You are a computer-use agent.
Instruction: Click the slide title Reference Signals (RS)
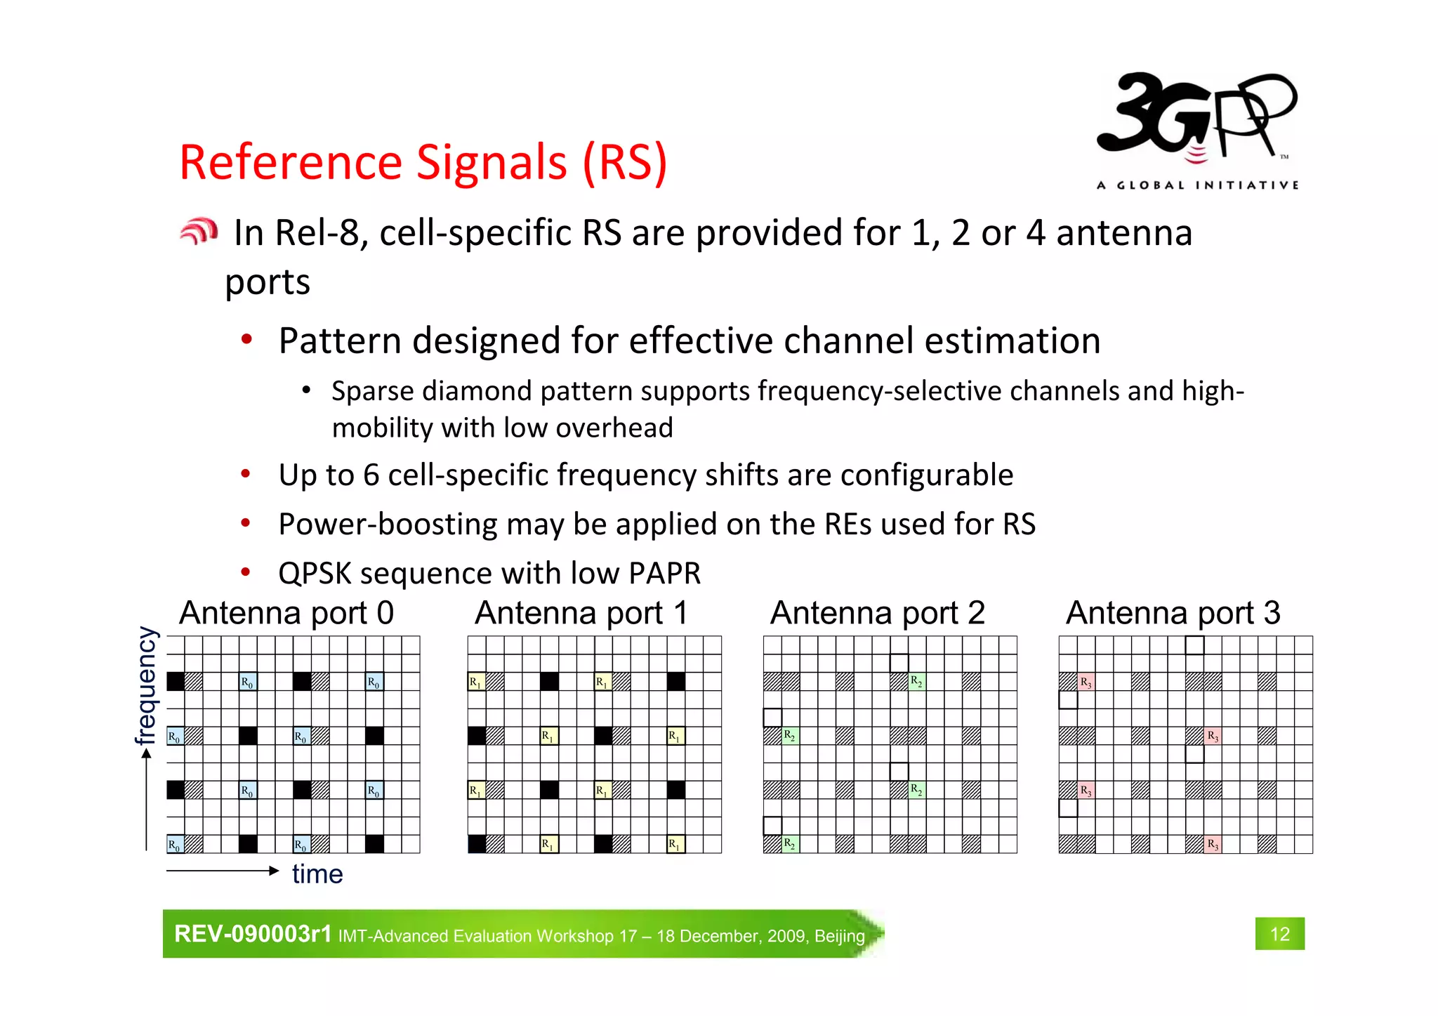click(x=423, y=162)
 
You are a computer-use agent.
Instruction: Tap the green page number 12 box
click(x=1279, y=934)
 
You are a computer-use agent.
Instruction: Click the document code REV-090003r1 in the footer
click(x=252, y=934)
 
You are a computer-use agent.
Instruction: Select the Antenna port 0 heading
click(x=286, y=613)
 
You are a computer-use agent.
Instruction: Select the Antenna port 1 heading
click(x=581, y=613)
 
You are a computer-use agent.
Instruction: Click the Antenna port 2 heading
click(x=877, y=613)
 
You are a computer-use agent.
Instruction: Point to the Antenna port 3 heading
click(x=1173, y=613)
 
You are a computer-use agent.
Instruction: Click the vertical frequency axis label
click(x=145, y=685)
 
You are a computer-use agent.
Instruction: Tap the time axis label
click(x=317, y=874)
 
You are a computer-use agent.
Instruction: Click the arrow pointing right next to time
click(x=223, y=871)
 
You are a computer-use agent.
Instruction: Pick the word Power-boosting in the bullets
click(x=388, y=525)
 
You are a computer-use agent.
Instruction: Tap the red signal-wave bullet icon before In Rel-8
click(x=199, y=231)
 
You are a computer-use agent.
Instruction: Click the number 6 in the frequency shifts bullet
click(x=371, y=475)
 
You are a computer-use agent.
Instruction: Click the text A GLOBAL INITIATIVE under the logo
click(x=1197, y=185)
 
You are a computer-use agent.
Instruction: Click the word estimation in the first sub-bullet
click(x=1012, y=341)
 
